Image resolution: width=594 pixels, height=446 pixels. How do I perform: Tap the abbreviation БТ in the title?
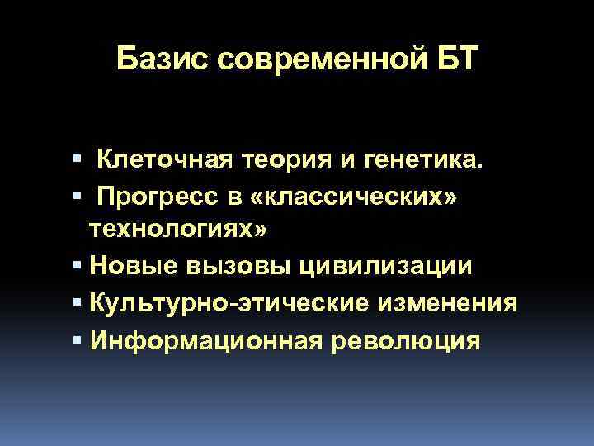click(x=452, y=59)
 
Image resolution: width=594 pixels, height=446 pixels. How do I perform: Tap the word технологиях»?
click(x=178, y=230)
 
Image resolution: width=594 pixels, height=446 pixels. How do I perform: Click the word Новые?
click(x=132, y=267)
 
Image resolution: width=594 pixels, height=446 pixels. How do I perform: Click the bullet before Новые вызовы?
click(x=77, y=267)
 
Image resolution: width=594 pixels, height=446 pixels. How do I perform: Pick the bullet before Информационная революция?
click(x=77, y=339)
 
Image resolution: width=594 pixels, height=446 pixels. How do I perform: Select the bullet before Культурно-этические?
click(x=77, y=303)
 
